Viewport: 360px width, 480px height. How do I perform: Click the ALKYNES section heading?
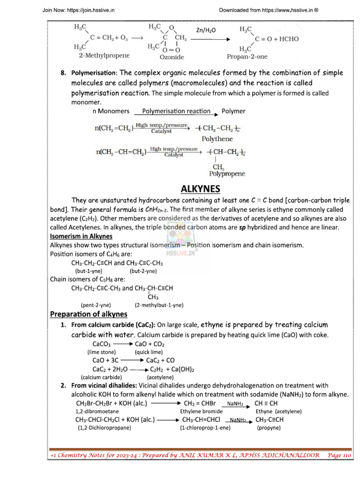pos(200,189)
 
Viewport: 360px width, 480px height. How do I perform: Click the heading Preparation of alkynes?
pos(89,314)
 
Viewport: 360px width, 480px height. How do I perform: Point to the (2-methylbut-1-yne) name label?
pos(159,305)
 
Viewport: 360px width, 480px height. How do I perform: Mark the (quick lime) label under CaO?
pos(149,352)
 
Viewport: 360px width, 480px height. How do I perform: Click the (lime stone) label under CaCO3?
pos(102,352)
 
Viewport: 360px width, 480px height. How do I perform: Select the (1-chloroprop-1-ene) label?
pos(204,427)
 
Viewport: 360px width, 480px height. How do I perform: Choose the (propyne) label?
pos(269,427)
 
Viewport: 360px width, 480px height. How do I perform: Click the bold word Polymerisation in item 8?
pos(94,74)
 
